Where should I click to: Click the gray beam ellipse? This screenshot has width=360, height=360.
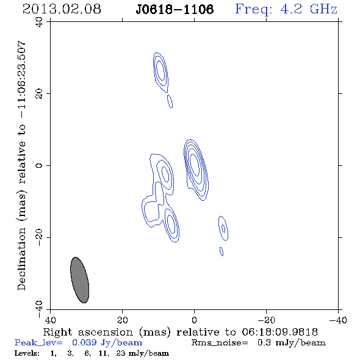point(79,280)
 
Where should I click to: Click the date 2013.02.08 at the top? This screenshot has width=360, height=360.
point(62,9)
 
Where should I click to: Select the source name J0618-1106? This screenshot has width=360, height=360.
point(175,9)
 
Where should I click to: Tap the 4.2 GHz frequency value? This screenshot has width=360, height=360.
point(309,9)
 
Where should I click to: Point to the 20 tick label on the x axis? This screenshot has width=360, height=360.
point(122,320)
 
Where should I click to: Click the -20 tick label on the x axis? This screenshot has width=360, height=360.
point(266,320)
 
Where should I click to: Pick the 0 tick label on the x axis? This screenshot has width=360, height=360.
point(194,320)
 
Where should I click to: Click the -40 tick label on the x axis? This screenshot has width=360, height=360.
point(338,320)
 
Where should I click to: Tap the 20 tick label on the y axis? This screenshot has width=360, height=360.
point(39,94)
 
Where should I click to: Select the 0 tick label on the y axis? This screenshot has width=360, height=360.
point(39,165)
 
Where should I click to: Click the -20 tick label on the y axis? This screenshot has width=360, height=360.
point(39,237)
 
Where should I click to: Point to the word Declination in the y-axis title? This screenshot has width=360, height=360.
point(21,259)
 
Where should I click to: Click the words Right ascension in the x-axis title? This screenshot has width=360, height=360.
point(88,332)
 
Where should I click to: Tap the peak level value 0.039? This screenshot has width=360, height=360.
point(84,342)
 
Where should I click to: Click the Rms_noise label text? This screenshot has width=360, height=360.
point(220,343)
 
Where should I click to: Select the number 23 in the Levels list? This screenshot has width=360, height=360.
point(121,353)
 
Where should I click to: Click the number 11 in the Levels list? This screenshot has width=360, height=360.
point(103,353)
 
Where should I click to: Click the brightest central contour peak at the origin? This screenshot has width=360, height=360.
point(195,164)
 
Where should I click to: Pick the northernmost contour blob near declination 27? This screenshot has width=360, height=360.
point(160,72)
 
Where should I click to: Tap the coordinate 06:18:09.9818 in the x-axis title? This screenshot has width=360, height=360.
point(279,332)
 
